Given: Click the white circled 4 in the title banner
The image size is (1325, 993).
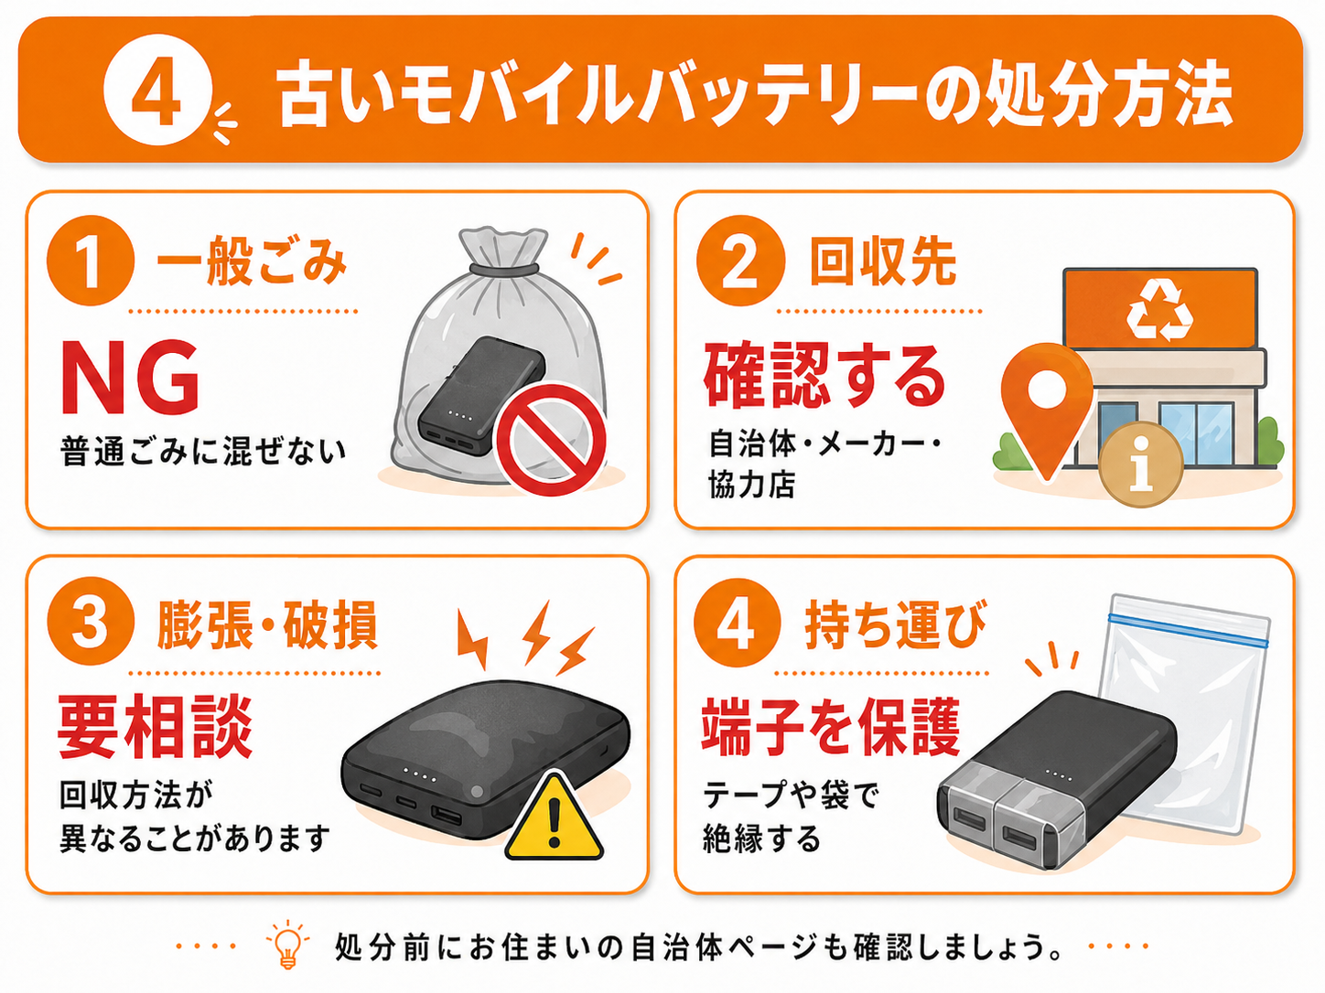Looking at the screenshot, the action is pyautogui.click(x=158, y=90).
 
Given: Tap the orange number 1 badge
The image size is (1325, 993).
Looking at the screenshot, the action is pyautogui.click(x=91, y=261).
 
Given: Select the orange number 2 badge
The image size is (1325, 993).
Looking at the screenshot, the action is pyautogui.click(x=740, y=261).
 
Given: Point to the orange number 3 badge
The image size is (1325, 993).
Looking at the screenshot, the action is pyautogui.click(x=91, y=622).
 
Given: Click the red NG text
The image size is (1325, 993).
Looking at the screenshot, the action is pyautogui.click(x=130, y=377).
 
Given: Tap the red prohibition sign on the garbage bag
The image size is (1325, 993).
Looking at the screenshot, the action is pyautogui.click(x=551, y=439).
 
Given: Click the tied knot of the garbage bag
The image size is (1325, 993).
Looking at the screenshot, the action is pyautogui.click(x=504, y=268).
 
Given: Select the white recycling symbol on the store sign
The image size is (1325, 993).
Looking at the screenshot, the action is pyautogui.click(x=1159, y=312).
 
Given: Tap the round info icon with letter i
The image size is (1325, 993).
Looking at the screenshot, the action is pyautogui.click(x=1140, y=464).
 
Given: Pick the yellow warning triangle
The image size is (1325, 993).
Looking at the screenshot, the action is pyautogui.click(x=554, y=816).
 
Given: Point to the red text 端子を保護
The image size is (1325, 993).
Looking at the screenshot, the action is pyautogui.click(x=830, y=727).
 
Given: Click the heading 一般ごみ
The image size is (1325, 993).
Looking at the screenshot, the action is pyautogui.click(x=252, y=261).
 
